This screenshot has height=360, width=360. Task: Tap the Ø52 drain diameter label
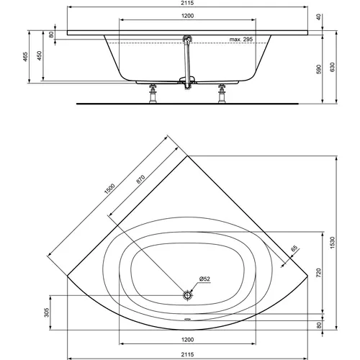click(204, 279)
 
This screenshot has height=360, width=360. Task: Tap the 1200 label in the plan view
click(186, 338)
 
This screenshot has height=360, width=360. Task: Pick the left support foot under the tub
click(153, 93)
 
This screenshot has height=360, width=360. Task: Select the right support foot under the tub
click(221, 93)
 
